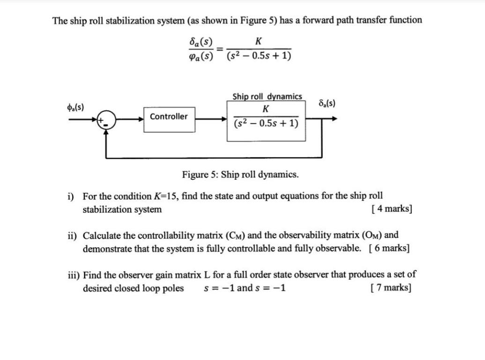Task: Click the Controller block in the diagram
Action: (169, 117)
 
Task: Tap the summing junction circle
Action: (107, 120)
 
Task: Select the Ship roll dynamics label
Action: (267, 96)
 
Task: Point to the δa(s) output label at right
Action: (326, 103)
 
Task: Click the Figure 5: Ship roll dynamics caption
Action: (240, 175)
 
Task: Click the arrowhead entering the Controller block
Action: (141, 119)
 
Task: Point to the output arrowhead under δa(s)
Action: (333, 119)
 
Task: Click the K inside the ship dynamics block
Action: (266, 110)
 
